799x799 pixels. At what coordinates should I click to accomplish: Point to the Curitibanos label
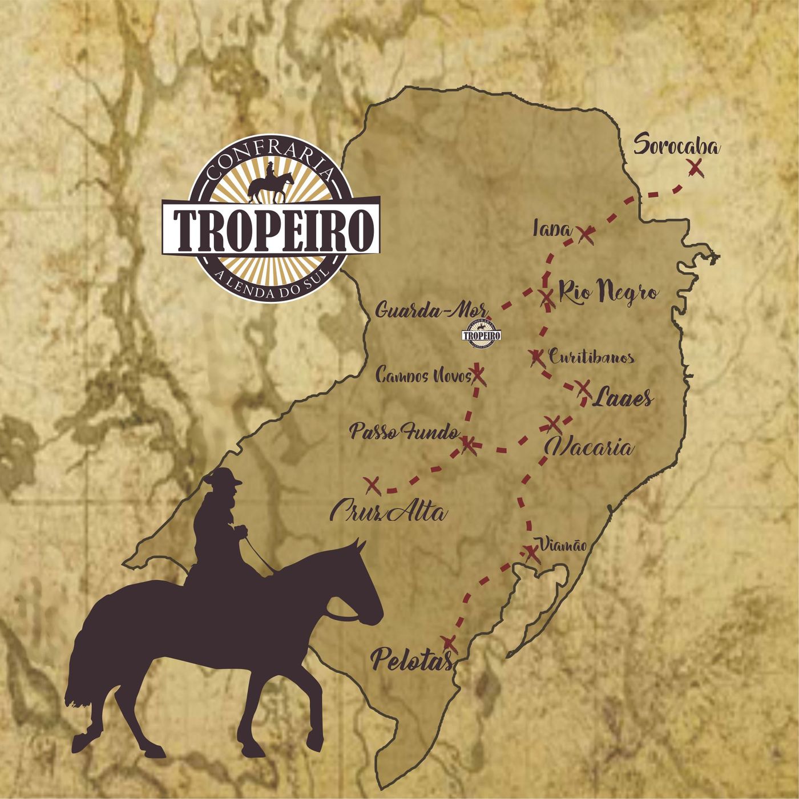(591, 358)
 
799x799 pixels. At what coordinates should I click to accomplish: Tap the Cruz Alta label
(388, 512)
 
